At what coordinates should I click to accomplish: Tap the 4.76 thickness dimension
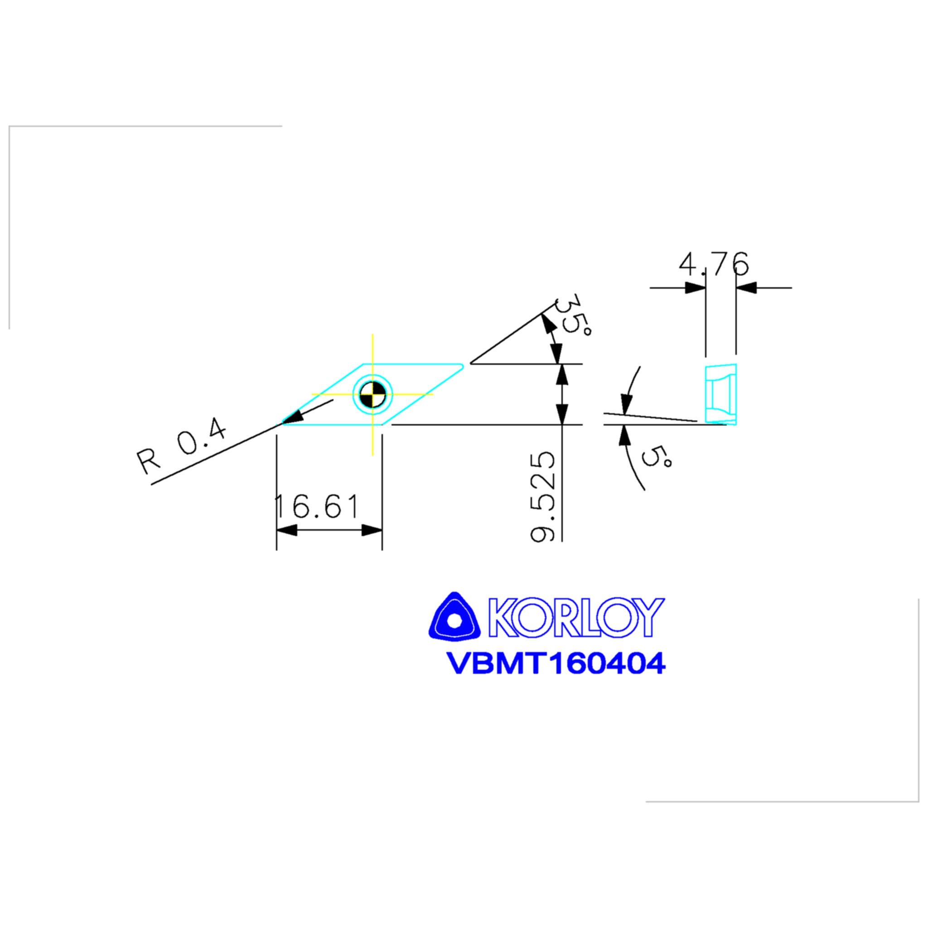coord(713,264)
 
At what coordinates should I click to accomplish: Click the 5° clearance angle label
coord(656,456)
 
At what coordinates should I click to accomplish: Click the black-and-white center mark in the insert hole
coord(373,395)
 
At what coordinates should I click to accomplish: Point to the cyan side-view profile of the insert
coord(721,394)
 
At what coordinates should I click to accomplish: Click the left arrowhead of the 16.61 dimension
coord(287,530)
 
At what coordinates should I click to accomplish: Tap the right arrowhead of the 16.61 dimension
coord(372,530)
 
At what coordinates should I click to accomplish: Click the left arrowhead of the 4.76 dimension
coord(695,288)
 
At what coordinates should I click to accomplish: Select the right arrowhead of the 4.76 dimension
coord(746,288)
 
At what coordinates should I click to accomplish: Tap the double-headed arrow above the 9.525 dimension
coord(562,394)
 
